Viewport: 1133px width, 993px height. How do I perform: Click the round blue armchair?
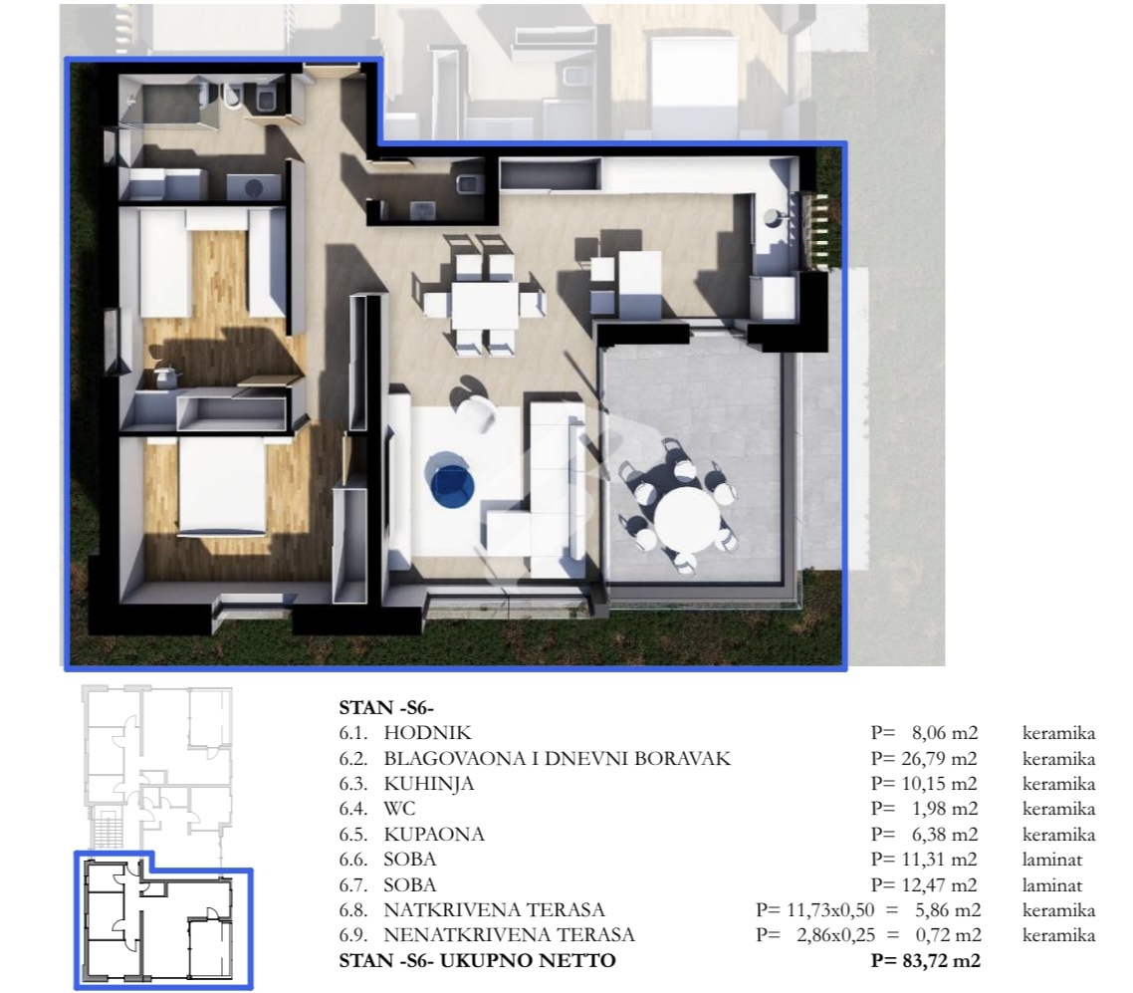[451, 481]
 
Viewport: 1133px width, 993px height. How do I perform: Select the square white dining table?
[484, 306]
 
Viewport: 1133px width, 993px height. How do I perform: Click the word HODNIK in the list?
[427, 733]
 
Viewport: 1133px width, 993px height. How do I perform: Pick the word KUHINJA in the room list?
[428, 784]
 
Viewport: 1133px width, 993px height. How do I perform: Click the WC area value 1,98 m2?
[945, 809]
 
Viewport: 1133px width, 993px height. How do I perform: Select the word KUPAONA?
[433, 834]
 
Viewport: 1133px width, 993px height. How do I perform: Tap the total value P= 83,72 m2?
[926, 960]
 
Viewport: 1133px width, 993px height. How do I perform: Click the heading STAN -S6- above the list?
[386, 707]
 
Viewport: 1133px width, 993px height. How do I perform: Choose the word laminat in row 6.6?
[1052, 860]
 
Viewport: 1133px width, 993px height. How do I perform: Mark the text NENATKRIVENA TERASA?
[509, 935]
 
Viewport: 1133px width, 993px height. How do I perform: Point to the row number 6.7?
[352, 884]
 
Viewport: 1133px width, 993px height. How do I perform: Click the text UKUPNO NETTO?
[528, 960]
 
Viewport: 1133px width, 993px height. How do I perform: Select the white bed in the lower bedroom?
[222, 486]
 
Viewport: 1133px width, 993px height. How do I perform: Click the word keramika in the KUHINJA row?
[1058, 784]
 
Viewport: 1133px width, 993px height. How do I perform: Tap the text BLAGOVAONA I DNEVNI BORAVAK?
[558, 758]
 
